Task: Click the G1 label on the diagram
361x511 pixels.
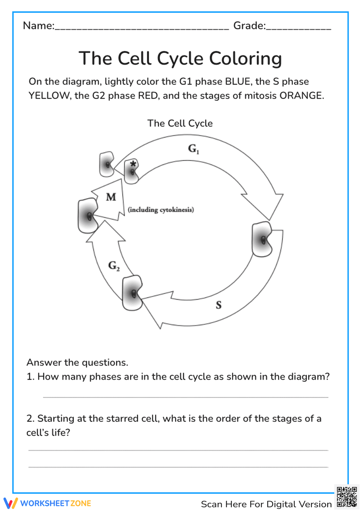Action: coord(193,149)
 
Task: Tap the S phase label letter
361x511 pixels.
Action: coord(218,305)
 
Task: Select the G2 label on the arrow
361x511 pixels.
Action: coord(114,266)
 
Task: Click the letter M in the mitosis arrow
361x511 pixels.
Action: coord(111,197)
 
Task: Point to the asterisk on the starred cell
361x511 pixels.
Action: coord(133,164)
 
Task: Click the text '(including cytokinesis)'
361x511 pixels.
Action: coord(161,210)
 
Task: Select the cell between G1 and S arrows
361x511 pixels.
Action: coord(262,240)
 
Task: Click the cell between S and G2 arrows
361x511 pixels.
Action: coord(132,293)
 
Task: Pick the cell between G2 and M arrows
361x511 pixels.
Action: coord(88,215)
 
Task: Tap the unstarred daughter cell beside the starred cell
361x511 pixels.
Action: coord(107,164)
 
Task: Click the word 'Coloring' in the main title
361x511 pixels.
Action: coord(245,59)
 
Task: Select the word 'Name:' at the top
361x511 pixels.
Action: coord(39,26)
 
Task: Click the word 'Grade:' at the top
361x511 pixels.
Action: coord(249,26)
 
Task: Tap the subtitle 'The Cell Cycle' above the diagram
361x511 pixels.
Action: coord(180,123)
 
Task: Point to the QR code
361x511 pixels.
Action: coord(347,497)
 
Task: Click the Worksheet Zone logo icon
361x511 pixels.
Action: coord(10,503)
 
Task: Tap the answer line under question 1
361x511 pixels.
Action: coord(186,397)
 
